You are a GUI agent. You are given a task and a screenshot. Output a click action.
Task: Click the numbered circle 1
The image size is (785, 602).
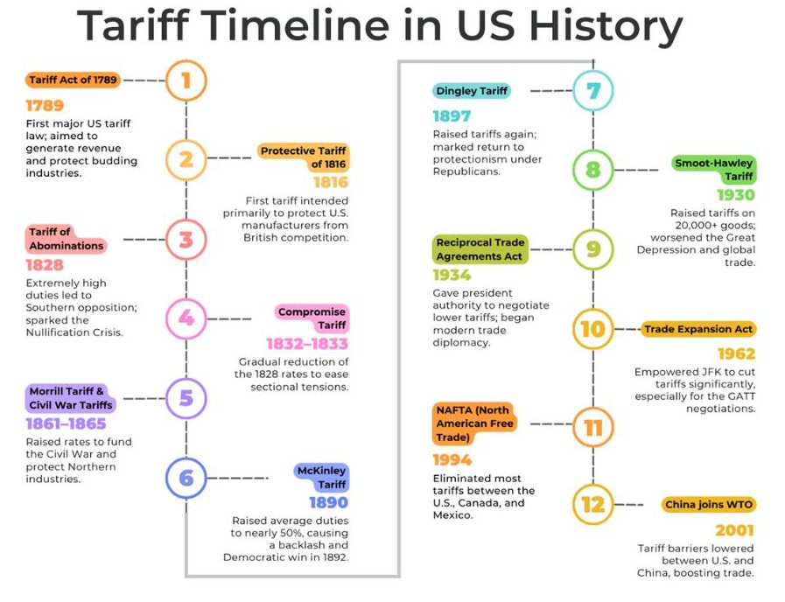tap(186, 81)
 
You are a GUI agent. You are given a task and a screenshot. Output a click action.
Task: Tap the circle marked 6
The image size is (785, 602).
tap(186, 479)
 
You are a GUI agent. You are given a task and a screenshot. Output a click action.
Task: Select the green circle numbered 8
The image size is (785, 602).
tap(593, 170)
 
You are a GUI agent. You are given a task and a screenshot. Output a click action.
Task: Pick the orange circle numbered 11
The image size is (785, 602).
tap(593, 428)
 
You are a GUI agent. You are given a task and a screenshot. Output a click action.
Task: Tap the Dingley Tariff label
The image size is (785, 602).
tap(471, 91)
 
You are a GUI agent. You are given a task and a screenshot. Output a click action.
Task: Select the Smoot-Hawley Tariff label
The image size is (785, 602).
tap(713, 170)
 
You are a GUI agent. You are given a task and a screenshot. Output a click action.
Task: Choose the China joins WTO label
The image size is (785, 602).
tap(709, 505)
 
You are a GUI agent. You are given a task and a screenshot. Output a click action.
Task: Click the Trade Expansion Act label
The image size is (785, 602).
tap(698, 330)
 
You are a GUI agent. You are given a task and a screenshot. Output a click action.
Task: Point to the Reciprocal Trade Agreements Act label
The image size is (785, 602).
tap(480, 249)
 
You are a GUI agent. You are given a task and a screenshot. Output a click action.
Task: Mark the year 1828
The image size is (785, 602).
tap(45, 264)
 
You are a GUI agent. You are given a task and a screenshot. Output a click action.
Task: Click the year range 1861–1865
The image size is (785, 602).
tap(66, 424)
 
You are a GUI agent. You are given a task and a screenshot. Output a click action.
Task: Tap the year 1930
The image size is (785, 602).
tap(735, 195)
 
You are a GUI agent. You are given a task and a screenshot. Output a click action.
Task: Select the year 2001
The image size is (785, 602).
tap(734, 530)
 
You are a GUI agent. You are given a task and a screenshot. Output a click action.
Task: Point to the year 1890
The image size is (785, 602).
tap(328, 503)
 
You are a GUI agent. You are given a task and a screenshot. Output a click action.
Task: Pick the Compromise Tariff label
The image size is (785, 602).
tap(312, 318)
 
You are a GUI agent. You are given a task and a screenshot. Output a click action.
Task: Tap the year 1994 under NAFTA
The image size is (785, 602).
tap(452, 460)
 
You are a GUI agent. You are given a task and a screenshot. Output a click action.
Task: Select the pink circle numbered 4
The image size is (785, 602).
tap(186, 318)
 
